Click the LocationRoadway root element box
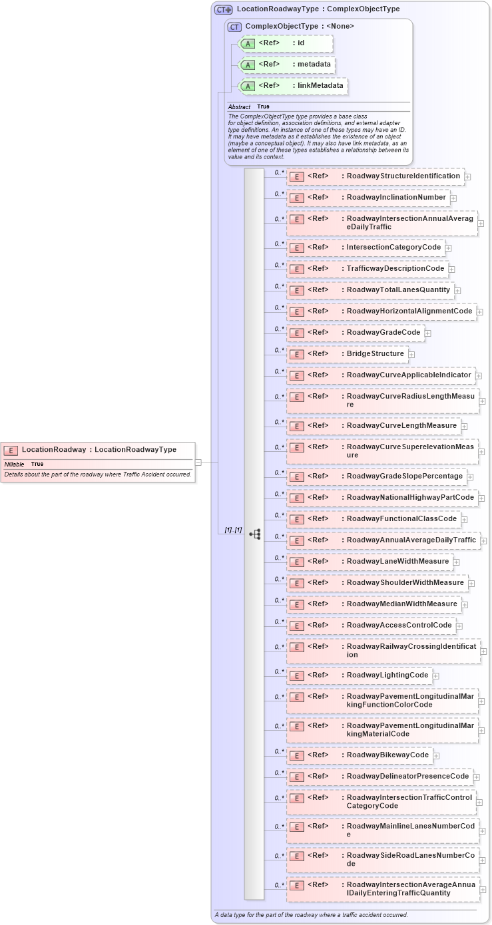coord(99,450)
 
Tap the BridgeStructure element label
coord(375,353)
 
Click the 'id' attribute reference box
coord(286,43)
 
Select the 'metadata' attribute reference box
coord(286,65)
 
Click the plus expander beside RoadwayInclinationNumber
coord(453,198)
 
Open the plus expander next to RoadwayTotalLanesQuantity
coord(457,290)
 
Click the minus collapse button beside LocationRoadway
coord(198,461)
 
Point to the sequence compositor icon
coord(254,534)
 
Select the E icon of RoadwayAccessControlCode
coord(297,626)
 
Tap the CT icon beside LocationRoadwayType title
coord(223,10)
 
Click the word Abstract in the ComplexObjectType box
coord(239,106)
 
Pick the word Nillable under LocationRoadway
coord(14,464)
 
